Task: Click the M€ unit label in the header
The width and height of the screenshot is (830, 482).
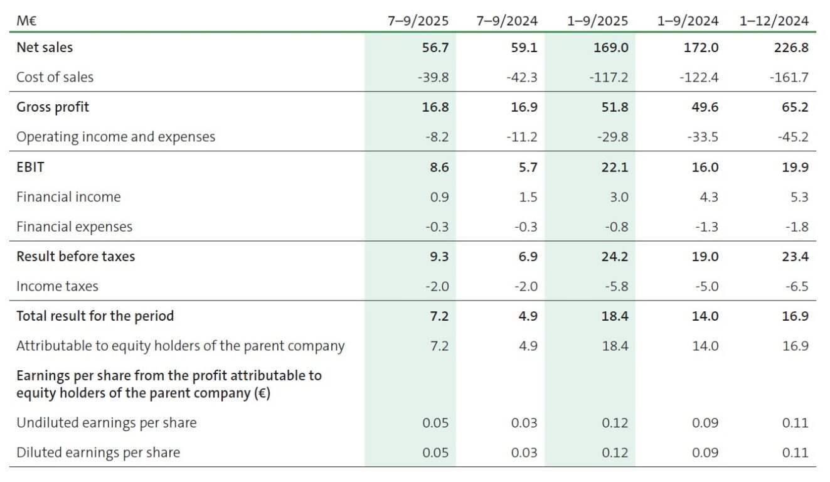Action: point(26,21)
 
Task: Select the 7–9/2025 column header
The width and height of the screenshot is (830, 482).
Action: point(418,21)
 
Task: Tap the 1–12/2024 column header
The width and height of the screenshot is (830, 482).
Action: point(774,21)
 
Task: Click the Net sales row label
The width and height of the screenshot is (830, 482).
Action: point(45,47)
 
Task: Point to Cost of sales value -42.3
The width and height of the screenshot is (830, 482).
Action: point(521,77)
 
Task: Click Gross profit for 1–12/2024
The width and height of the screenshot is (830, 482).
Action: point(795,107)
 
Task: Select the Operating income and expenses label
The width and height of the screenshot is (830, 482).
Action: point(115,137)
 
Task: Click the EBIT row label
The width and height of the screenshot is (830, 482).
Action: point(30,168)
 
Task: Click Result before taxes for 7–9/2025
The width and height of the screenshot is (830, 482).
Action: point(437,257)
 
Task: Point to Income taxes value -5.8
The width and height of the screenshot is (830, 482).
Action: point(615,287)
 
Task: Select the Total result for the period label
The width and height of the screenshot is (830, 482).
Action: point(95,316)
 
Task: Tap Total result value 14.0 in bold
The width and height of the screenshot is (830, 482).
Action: point(705,316)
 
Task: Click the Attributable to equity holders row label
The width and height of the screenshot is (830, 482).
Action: point(180,346)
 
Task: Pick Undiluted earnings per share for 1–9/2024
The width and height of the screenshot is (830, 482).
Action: point(705,423)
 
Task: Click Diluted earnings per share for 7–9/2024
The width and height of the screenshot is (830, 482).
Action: point(524,453)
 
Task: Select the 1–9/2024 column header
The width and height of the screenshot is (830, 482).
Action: point(688,21)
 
